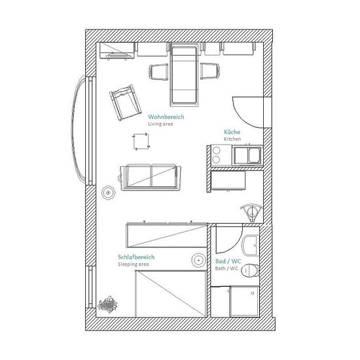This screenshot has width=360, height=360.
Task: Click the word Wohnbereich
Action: click(x=166, y=117)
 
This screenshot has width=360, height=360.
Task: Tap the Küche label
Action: click(x=232, y=132)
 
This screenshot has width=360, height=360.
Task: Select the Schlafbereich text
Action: click(x=136, y=257)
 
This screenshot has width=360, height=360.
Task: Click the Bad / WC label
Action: click(x=228, y=261)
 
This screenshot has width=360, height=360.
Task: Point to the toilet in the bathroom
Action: click(x=251, y=270)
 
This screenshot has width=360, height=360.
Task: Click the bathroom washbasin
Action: click(x=250, y=245)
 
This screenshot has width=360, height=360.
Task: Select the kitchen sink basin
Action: click(x=255, y=154)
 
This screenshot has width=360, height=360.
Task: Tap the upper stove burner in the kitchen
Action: click(x=216, y=151)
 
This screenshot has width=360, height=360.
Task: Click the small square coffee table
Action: click(x=141, y=141)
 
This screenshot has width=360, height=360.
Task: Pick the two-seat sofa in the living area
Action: click(x=150, y=177)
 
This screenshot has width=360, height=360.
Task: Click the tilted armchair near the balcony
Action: click(x=125, y=102)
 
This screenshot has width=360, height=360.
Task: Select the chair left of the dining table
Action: click(x=158, y=72)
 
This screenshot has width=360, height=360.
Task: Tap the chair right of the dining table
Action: click(x=210, y=71)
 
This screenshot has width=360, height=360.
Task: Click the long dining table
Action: click(x=184, y=75)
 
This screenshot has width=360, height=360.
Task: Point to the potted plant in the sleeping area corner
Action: click(x=107, y=304)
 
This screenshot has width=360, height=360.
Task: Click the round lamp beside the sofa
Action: click(x=108, y=192)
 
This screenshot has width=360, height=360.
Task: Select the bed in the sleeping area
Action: click(x=171, y=294)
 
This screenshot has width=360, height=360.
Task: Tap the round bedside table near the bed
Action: click(x=198, y=260)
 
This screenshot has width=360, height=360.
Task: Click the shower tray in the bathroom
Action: click(x=244, y=301)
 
